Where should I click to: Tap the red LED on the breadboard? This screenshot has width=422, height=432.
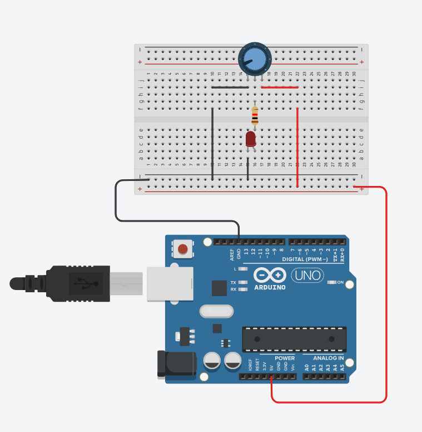pyautogui.click(x=250, y=138)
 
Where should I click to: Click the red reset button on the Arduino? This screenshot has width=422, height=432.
pyautogui.click(x=182, y=248)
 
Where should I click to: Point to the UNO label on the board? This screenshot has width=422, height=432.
pyautogui.click(x=307, y=275)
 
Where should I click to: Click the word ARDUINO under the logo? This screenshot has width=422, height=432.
pyautogui.click(x=270, y=287)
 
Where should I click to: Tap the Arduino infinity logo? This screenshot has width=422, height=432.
pyautogui.click(x=270, y=275)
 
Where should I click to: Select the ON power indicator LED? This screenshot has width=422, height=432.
pyautogui.click(x=332, y=282)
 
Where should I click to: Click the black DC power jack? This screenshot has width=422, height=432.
pyautogui.click(x=177, y=364)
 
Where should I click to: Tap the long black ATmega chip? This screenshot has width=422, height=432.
pyautogui.click(x=294, y=339)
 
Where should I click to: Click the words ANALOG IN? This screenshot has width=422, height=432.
pyautogui.click(x=329, y=358)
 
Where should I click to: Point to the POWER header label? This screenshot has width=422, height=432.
pyautogui.click(x=285, y=358)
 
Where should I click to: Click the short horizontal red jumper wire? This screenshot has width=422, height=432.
pyautogui.click(x=280, y=87)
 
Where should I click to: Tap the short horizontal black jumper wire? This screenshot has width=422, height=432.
pyautogui.click(x=230, y=87)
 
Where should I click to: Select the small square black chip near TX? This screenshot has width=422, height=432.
pyautogui.click(x=220, y=287)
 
